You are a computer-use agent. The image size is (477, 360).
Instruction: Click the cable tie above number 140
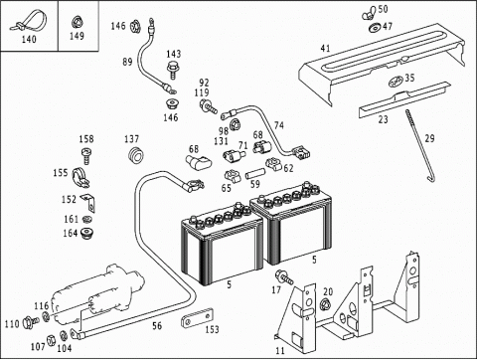pyautogui.click(x=29, y=21)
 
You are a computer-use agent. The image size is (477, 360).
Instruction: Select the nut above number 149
pyautogui.click(x=77, y=23)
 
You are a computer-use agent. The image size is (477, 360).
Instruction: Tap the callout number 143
pyautogui.click(x=174, y=54)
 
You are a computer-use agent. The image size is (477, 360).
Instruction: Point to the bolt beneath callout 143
pyautogui.click(x=172, y=70)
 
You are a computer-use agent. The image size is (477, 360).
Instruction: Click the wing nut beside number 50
pyautogui.click(x=370, y=12)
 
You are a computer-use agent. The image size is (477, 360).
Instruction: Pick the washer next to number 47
pyautogui.click(x=375, y=28)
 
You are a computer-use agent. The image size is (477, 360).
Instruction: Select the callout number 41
pyautogui.click(x=325, y=48)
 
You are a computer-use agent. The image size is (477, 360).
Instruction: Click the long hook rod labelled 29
pyautogui.click(x=420, y=146)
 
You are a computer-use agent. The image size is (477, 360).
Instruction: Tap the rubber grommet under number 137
pyautogui.click(x=135, y=155)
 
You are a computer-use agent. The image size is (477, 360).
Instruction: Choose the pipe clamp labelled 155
pyautogui.click(x=80, y=176)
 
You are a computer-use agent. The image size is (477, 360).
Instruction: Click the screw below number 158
pyautogui.click(x=86, y=156)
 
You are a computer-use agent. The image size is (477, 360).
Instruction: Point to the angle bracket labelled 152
pyautogui.click(x=88, y=202)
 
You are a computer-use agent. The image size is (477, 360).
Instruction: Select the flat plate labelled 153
pyautogui.click(x=197, y=319)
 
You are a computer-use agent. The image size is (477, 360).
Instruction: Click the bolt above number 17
pyautogui.click(x=283, y=277)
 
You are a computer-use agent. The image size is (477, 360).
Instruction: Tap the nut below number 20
pyautogui.click(x=326, y=303)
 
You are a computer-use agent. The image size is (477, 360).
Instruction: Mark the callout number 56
pyautogui.click(x=157, y=326)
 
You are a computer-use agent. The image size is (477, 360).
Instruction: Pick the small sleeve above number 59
pyautogui.click(x=255, y=173)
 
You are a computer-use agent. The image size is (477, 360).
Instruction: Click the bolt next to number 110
pyautogui.click(x=30, y=321)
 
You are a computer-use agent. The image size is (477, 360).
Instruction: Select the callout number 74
pyautogui.click(x=279, y=125)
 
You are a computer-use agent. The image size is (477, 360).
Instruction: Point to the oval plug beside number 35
pyautogui.click(x=396, y=81)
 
